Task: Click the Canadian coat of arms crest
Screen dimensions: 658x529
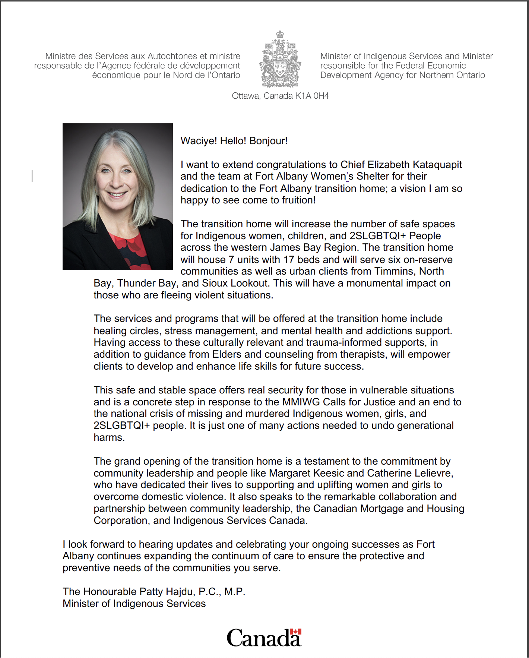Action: click(280, 60)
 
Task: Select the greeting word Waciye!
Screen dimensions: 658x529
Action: click(199, 141)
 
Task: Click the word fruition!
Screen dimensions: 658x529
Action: click(299, 200)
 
